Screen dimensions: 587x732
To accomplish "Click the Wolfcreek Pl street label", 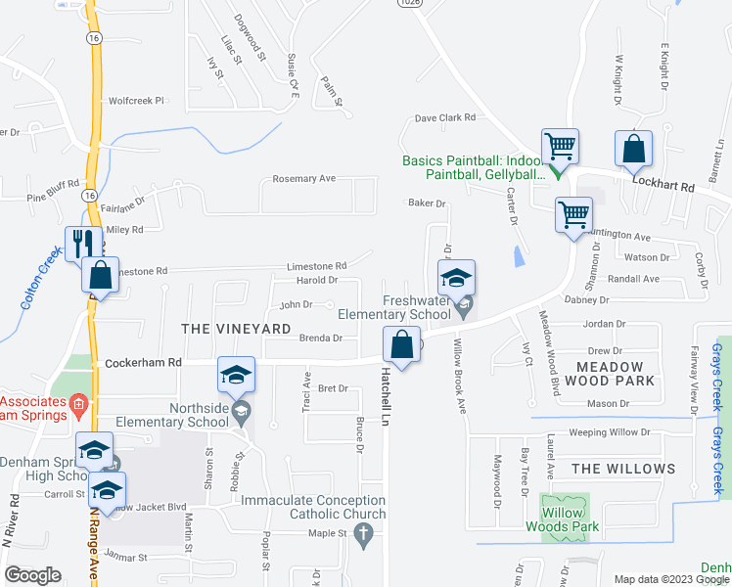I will [x=136, y=100].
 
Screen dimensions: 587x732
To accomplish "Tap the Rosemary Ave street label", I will [x=303, y=179].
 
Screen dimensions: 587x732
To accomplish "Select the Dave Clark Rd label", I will [x=444, y=117].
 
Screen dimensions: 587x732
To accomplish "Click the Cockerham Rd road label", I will [x=143, y=362].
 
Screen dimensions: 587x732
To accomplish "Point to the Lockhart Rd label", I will [x=663, y=184].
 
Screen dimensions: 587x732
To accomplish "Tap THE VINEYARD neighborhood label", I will [x=236, y=329].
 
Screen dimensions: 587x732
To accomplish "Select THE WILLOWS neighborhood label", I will [x=623, y=470].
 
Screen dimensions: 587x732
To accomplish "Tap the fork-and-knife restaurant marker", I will [x=81, y=242].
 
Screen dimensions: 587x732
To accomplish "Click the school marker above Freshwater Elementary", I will [x=456, y=277].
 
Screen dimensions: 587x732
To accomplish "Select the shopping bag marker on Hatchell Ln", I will [x=401, y=343].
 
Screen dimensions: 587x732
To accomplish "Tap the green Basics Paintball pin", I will [x=556, y=172].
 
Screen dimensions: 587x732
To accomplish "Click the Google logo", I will [x=32, y=575].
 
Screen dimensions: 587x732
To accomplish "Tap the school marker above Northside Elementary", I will [x=236, y=374].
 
